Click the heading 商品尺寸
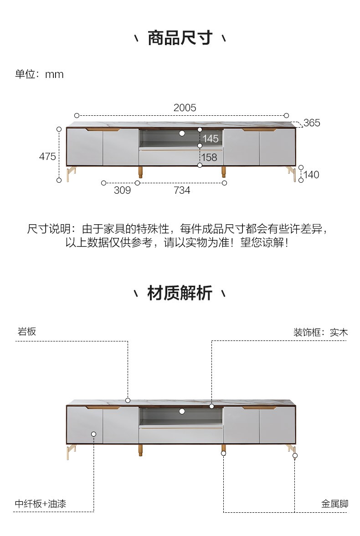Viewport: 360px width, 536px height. pos(180,37)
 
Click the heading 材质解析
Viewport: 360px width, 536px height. pos(180,293)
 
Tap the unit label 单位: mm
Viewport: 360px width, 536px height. pos(39,74)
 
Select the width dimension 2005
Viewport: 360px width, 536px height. pos(185,108)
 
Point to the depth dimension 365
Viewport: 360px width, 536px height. pos(312,123)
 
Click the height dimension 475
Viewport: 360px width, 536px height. pos(47,157)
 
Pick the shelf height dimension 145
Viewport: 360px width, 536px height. pos(210,139)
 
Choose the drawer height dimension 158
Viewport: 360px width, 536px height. pos(209,157)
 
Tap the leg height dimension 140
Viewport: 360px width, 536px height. pos(311,175)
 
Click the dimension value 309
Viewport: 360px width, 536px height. pos(123,190)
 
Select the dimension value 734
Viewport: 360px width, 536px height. pos(182,190)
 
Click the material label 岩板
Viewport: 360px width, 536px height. pos(27,331)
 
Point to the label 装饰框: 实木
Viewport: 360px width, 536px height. pos(320,332)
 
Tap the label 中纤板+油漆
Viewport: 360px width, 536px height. pos(41,504)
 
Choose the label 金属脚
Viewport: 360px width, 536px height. pos(334,504)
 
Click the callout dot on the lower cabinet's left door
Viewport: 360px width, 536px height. pos(94,434)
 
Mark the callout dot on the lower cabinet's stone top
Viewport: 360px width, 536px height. pos(128,400)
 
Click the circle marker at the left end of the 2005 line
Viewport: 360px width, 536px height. pos(77,116)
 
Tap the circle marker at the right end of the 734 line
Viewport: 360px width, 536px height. pos(224,183)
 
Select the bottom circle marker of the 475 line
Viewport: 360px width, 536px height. pos(59,180)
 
